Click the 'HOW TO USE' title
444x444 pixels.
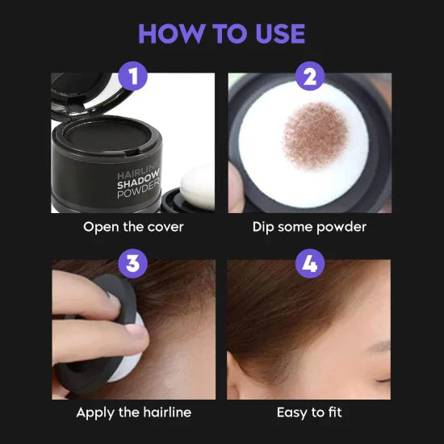[221, 33]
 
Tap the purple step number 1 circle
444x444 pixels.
[133, 78]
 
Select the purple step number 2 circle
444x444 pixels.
[309, 78]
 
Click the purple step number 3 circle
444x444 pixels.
[133, 264]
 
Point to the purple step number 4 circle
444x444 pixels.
[309, 264]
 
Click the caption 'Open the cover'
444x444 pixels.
[133, 227]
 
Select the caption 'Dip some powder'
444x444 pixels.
[309, 227]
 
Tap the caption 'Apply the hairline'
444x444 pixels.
[133, 413]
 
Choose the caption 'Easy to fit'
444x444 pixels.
[309, 413]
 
